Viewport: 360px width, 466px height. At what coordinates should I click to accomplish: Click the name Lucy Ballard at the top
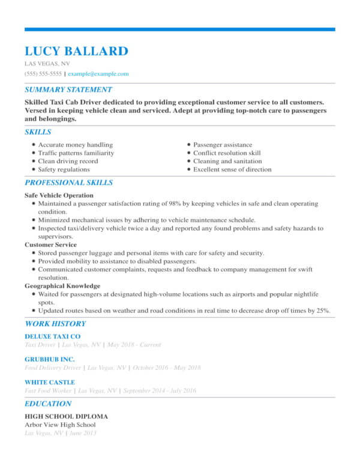point(76,50)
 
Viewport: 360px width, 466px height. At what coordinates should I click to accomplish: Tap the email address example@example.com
point(98,74)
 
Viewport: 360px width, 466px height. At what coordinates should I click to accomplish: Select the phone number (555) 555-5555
point(43,74)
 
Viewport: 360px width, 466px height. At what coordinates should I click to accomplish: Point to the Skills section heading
point(38,132)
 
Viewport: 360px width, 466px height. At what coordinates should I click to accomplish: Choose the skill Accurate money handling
point(75,145)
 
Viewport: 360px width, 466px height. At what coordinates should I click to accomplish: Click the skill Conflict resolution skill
point(227,153)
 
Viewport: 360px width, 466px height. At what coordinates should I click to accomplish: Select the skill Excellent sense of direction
point(232,170)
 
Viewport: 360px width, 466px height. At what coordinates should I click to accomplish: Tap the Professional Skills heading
point(68,183)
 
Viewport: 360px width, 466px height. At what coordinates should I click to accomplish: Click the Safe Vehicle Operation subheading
point(59,195)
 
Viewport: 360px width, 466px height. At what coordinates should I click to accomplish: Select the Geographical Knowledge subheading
point(62,286)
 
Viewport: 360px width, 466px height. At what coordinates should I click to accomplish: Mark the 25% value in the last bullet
point(323,310)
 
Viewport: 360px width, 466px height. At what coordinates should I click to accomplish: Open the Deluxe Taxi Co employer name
point(52,337)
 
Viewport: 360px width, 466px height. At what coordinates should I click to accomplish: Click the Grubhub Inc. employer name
point(50,359)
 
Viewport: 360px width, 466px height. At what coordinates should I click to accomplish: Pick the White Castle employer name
point(50,382)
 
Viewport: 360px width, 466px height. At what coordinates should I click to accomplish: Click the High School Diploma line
point(66,416)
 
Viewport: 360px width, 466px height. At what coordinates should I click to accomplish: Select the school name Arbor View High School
point(60,425)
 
